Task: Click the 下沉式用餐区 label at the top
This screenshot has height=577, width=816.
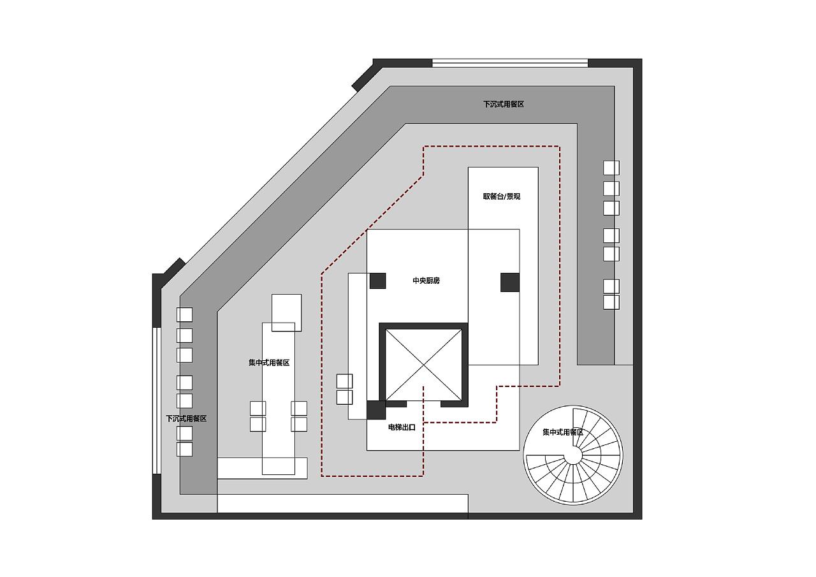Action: click(504, 104)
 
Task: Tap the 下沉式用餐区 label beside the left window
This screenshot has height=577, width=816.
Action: click(186, 418)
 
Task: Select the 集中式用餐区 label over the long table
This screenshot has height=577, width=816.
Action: click(269, 362)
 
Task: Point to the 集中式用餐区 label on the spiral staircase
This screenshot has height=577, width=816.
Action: click(563, 432)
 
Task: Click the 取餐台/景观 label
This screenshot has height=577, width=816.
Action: click(502, 196)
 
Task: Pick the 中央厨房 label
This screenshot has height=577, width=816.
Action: click(426, 281)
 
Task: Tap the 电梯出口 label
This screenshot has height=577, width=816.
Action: click(402, 427)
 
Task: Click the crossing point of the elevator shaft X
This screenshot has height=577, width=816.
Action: click(423, 365)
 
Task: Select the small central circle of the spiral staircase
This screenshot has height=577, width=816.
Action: click(573, 455)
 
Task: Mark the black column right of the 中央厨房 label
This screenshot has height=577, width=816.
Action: click(509, 282)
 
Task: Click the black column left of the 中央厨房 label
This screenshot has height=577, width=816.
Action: click(378, 281)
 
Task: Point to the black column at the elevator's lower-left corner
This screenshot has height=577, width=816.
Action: click(376, 410)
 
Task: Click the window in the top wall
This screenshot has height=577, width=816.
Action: click(510, 63)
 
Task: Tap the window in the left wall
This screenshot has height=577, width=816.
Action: click(157, 400)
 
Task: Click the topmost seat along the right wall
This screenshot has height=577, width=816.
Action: click(611, 168)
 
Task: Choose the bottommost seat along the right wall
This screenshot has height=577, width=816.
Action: click(611, 302)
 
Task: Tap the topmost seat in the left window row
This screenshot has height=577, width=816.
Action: click(184, 314)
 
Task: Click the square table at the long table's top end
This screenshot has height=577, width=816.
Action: click(286, 312)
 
